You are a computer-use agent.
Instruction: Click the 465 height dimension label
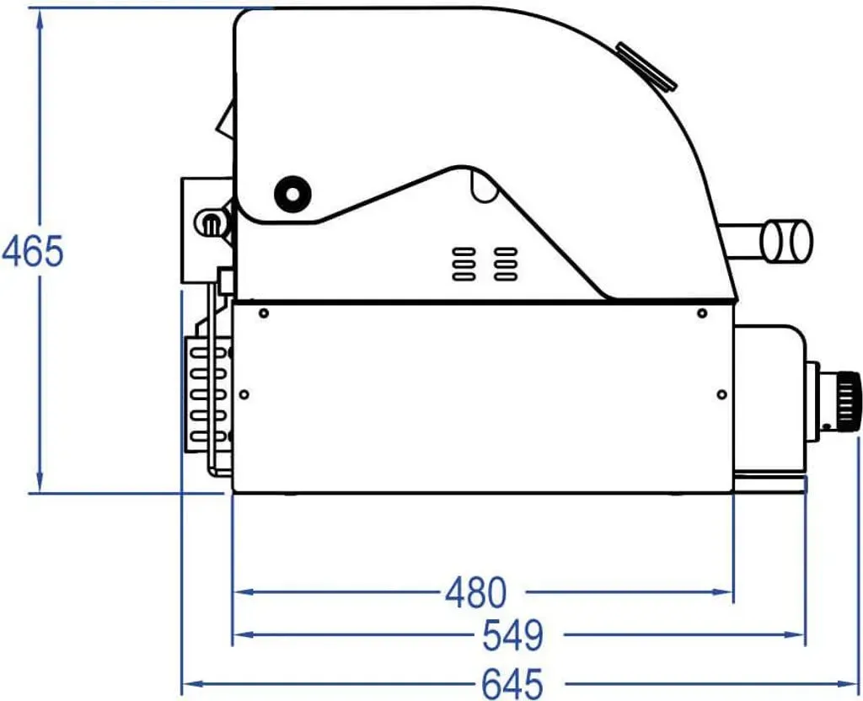[x=33, y=251]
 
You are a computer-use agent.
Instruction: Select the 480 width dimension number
[x=475, y=592]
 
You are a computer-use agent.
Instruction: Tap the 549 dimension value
[x=513, y=635]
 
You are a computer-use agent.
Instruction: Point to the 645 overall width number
[x=512, y=684]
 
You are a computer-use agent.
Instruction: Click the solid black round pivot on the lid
[x=292, y=194]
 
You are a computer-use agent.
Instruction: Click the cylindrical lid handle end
[x=786, y=240]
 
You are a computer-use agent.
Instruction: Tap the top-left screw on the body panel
[x=264, y=313]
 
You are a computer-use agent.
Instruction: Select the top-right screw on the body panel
[x=702, y=313]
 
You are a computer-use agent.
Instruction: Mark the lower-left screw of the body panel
[x=244, y=394]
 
